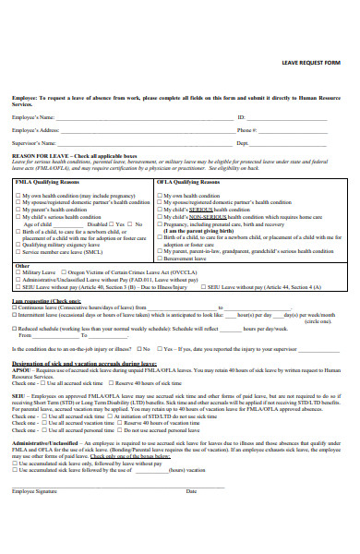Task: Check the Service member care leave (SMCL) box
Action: pos(18,251)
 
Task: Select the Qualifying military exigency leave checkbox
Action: pos(18,244)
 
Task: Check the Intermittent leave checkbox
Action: pos(14,315)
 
